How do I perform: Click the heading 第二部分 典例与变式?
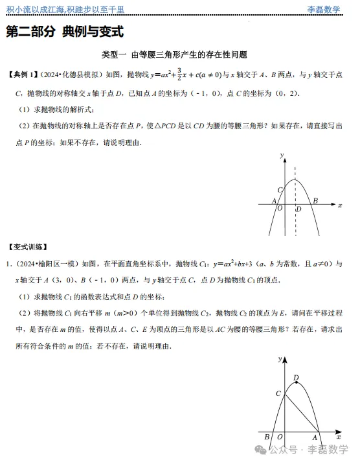point(65,32)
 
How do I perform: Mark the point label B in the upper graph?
point(315,202)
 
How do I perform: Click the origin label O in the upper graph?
point(279,209)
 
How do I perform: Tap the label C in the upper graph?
point(280,189)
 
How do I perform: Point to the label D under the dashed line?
point(298,209)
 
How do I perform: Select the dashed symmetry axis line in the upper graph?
point(295,194)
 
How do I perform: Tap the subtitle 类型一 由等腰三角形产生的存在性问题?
point(175,55)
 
